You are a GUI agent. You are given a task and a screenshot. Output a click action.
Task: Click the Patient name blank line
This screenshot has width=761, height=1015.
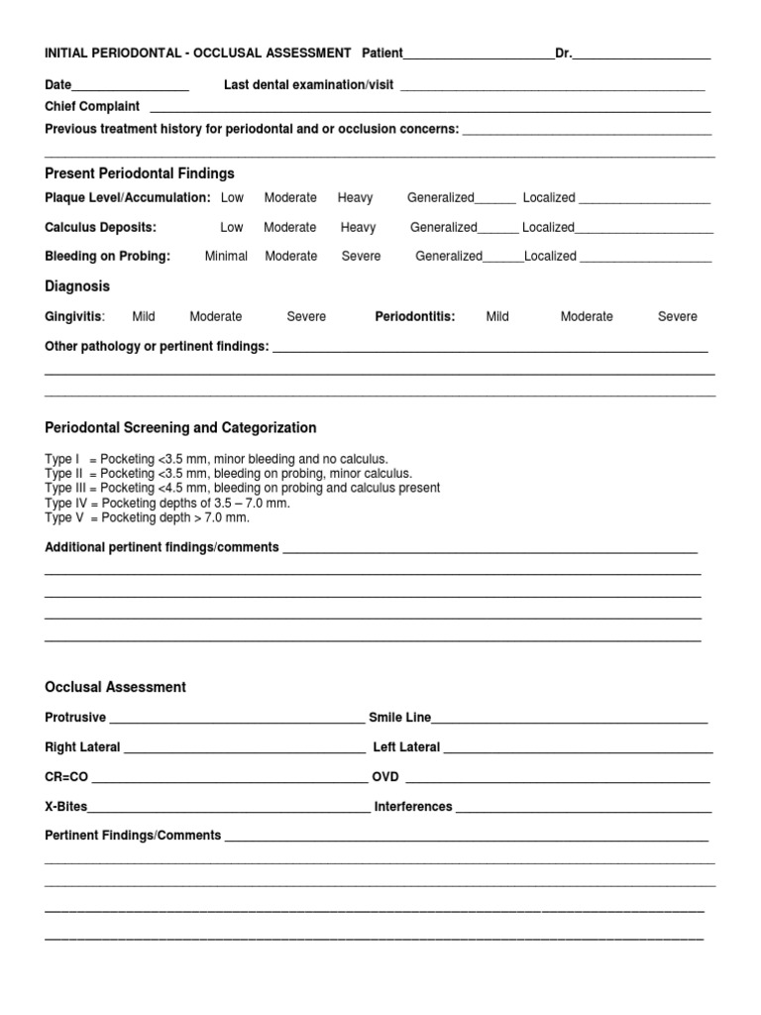(479, 56)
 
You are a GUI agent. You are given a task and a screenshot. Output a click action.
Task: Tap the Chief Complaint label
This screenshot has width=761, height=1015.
(92, 106)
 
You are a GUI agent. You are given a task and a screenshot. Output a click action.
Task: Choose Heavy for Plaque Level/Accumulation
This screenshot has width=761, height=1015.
(355, 198)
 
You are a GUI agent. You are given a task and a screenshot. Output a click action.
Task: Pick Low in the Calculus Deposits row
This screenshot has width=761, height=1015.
(231, 227)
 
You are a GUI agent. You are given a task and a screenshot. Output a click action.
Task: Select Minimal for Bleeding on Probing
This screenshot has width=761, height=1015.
(226, 256)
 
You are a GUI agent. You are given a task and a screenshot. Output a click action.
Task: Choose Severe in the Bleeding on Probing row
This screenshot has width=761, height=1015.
(361, 256)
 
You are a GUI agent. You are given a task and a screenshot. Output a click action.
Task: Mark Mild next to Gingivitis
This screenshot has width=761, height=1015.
(144, 317)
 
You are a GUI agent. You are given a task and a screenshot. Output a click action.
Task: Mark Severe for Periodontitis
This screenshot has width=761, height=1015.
(678, 317)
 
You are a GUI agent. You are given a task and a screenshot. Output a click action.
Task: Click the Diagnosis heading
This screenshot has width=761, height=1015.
(77, 286)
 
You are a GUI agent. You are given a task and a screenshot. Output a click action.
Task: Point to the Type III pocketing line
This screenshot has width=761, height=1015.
(243, 489)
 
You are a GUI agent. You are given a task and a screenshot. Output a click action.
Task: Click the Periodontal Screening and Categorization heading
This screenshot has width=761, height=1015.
(181, 428)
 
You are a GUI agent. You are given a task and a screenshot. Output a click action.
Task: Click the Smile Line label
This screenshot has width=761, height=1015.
(399, 718)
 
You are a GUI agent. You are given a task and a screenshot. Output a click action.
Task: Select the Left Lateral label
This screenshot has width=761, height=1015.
(406, 747)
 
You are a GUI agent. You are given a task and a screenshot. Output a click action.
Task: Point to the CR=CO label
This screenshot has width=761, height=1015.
(66, 777)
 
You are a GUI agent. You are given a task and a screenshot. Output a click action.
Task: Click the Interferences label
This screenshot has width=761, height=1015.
(413, 807)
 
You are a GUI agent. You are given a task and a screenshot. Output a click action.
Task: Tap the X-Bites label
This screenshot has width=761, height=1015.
(66, 807)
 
